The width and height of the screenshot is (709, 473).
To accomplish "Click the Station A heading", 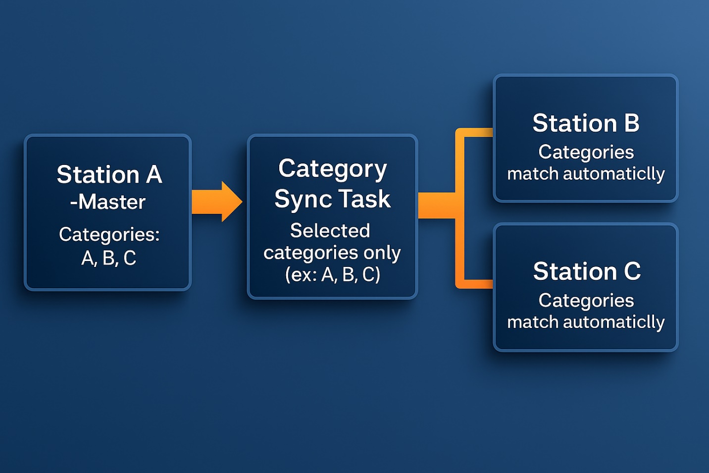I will tap(109, 174).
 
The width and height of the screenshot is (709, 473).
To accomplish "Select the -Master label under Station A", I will tap(108, 202).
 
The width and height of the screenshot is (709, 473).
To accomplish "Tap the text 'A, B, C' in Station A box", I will tap(108, 258).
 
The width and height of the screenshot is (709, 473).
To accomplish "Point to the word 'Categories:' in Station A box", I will tap(109, 234).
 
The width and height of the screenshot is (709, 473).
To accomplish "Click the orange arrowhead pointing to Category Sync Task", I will tap(230, 202).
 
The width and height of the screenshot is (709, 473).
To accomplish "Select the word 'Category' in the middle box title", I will tap(332, 169).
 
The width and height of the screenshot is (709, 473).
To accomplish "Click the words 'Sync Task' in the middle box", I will tap(332, 199).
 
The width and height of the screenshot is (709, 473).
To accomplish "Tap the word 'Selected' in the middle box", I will tap(330, 230).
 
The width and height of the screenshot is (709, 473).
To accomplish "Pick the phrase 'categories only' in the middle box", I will tap(332, 253).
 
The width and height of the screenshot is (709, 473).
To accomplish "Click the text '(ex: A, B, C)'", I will tap(332, 274).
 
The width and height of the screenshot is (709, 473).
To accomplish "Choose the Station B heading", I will tap(586, 123).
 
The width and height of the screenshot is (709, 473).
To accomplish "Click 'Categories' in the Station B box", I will tap(586, 152).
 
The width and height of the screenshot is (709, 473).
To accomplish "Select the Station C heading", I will tap(587, 271).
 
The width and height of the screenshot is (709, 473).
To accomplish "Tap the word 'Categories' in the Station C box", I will tap(586, 300).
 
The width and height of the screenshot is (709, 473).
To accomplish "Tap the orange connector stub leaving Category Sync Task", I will tap(436, 206).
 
